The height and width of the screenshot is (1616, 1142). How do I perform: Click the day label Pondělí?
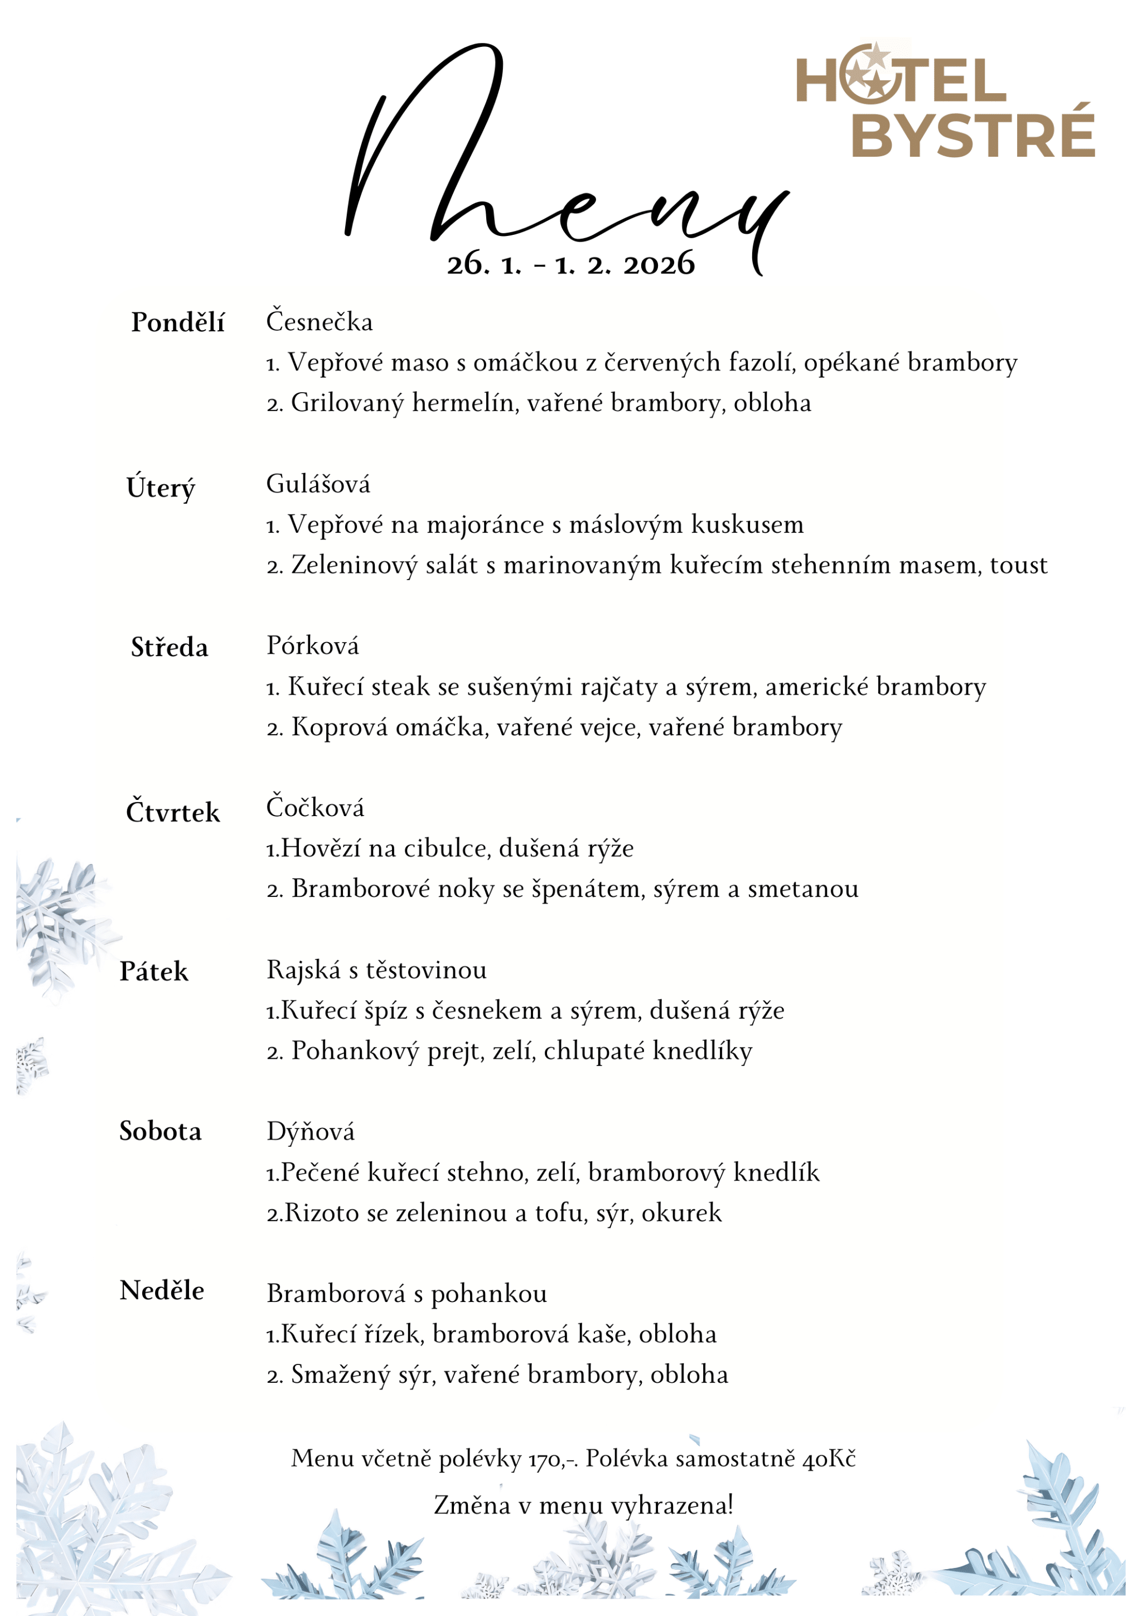click(x=177, y=322)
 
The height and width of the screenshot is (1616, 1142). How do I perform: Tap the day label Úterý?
click(x=161, y=487)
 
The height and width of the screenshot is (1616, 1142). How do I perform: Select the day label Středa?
click(x=170, y=648)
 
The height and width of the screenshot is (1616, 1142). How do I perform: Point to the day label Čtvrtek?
click(x=172, y=812)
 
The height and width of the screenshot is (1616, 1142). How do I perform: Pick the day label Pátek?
click(x=153, y=972)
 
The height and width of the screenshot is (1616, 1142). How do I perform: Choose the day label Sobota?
click(x=161, y=1131)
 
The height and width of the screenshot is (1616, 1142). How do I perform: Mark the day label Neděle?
click(x=162, y=1291)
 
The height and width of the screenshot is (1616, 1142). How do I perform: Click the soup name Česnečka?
click(x=319, y=322)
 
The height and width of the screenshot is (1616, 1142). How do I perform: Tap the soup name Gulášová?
click(x=318, y=484)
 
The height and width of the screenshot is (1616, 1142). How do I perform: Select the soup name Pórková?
click(x=312, y=645)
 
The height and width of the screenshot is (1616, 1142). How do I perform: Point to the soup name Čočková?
click(x=315, y=807)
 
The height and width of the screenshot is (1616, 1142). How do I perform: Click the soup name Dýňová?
click(x=310, y=1132)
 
